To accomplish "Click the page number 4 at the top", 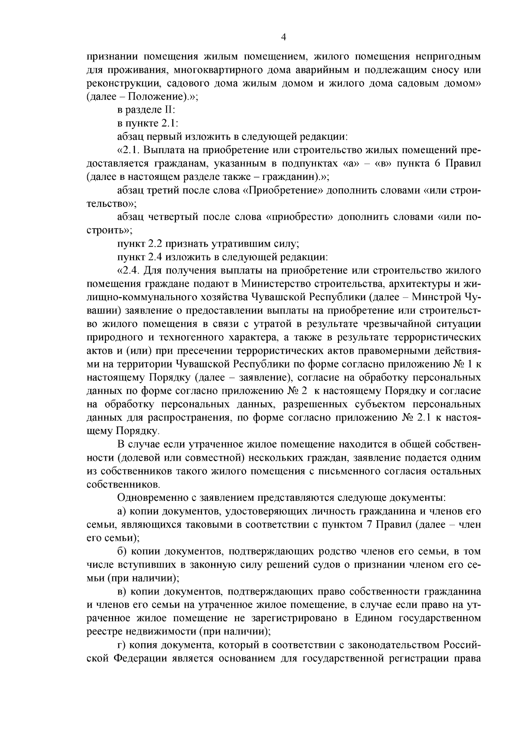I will (x=284, y=38).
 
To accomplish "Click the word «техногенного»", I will (x=190, y=337).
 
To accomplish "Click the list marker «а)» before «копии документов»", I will (x=122, y=511).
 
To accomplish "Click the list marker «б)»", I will (x=122, y=551).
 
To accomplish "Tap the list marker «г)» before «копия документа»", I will (x=121, y=645).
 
